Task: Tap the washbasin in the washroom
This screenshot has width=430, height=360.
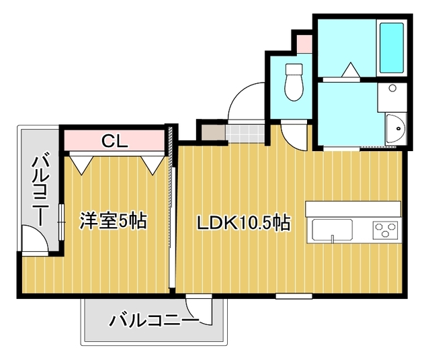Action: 394,126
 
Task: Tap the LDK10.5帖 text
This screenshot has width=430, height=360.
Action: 243,223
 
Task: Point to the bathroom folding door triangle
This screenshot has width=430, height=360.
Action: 350,71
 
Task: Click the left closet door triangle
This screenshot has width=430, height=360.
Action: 81,163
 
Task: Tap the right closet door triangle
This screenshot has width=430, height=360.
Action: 152,163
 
